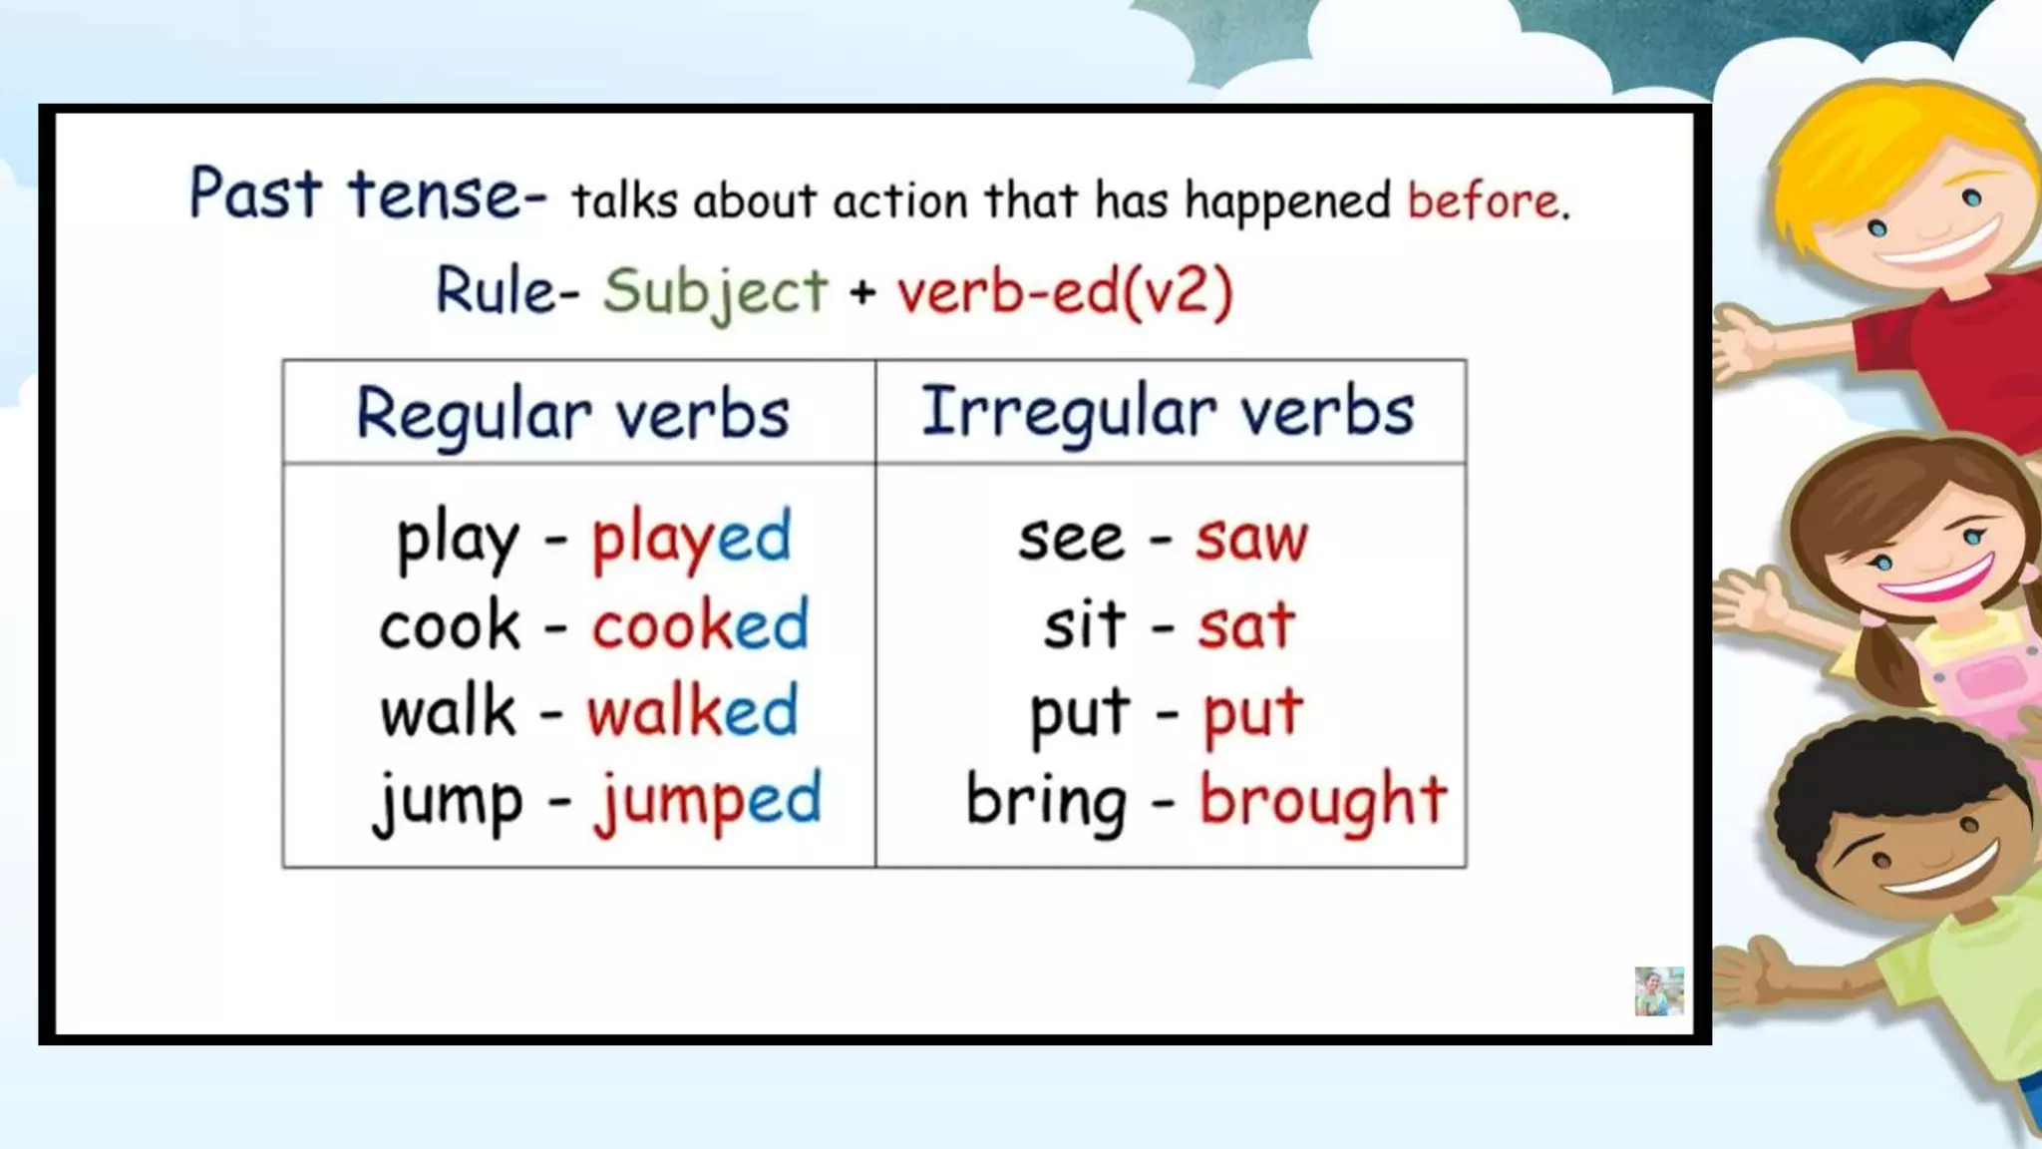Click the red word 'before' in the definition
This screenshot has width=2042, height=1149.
tap(1484, 201)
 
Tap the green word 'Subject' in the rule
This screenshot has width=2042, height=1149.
tap(715, 292)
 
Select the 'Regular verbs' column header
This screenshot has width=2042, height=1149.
tap(572, 414)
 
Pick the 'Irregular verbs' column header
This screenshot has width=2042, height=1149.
tap(1167, 412)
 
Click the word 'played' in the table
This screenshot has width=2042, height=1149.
tap(691, 539)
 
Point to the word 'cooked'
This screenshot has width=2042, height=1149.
tap(699, 626)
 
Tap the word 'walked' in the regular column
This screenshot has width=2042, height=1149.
tap(692, 712)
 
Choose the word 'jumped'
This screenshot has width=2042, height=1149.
tap(707, 800)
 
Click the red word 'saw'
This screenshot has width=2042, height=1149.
tap(1251, 540)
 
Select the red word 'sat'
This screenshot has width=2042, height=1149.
tap(1245, 626)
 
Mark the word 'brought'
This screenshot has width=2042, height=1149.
tap(1322, 800)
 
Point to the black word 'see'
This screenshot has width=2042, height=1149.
tap(1070, 540)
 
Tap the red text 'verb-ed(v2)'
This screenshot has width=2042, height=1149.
tap(1064, 292)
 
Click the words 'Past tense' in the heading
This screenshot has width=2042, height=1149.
tap(354, 193)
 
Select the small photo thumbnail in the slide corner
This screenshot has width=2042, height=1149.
tap(1658, 991)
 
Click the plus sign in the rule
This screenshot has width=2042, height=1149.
tap(862, 292)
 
